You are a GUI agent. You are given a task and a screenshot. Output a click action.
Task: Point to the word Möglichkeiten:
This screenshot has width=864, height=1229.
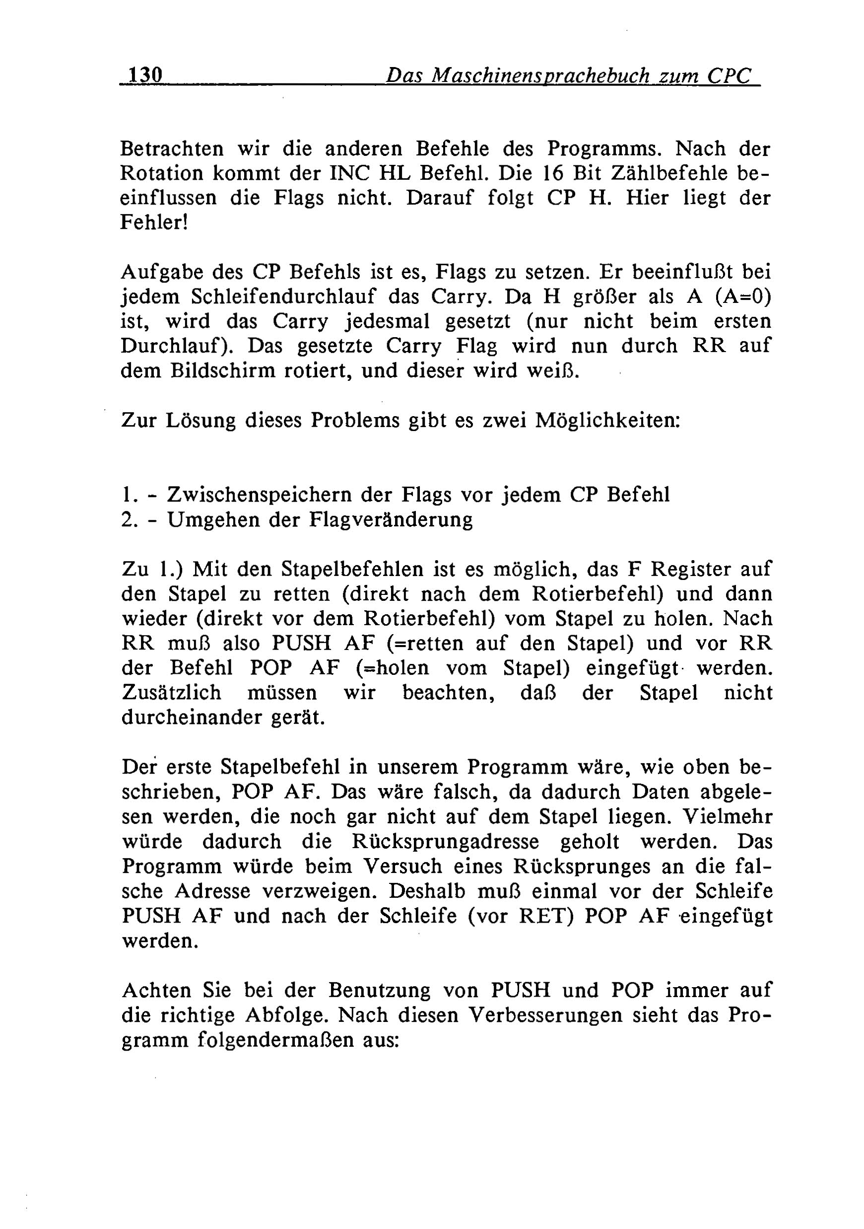coord(608,420)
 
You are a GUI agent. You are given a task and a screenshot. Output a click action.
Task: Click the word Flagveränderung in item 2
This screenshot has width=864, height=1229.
coord(391,519)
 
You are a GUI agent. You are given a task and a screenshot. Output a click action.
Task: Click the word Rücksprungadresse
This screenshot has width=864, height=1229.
coord(445,842)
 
